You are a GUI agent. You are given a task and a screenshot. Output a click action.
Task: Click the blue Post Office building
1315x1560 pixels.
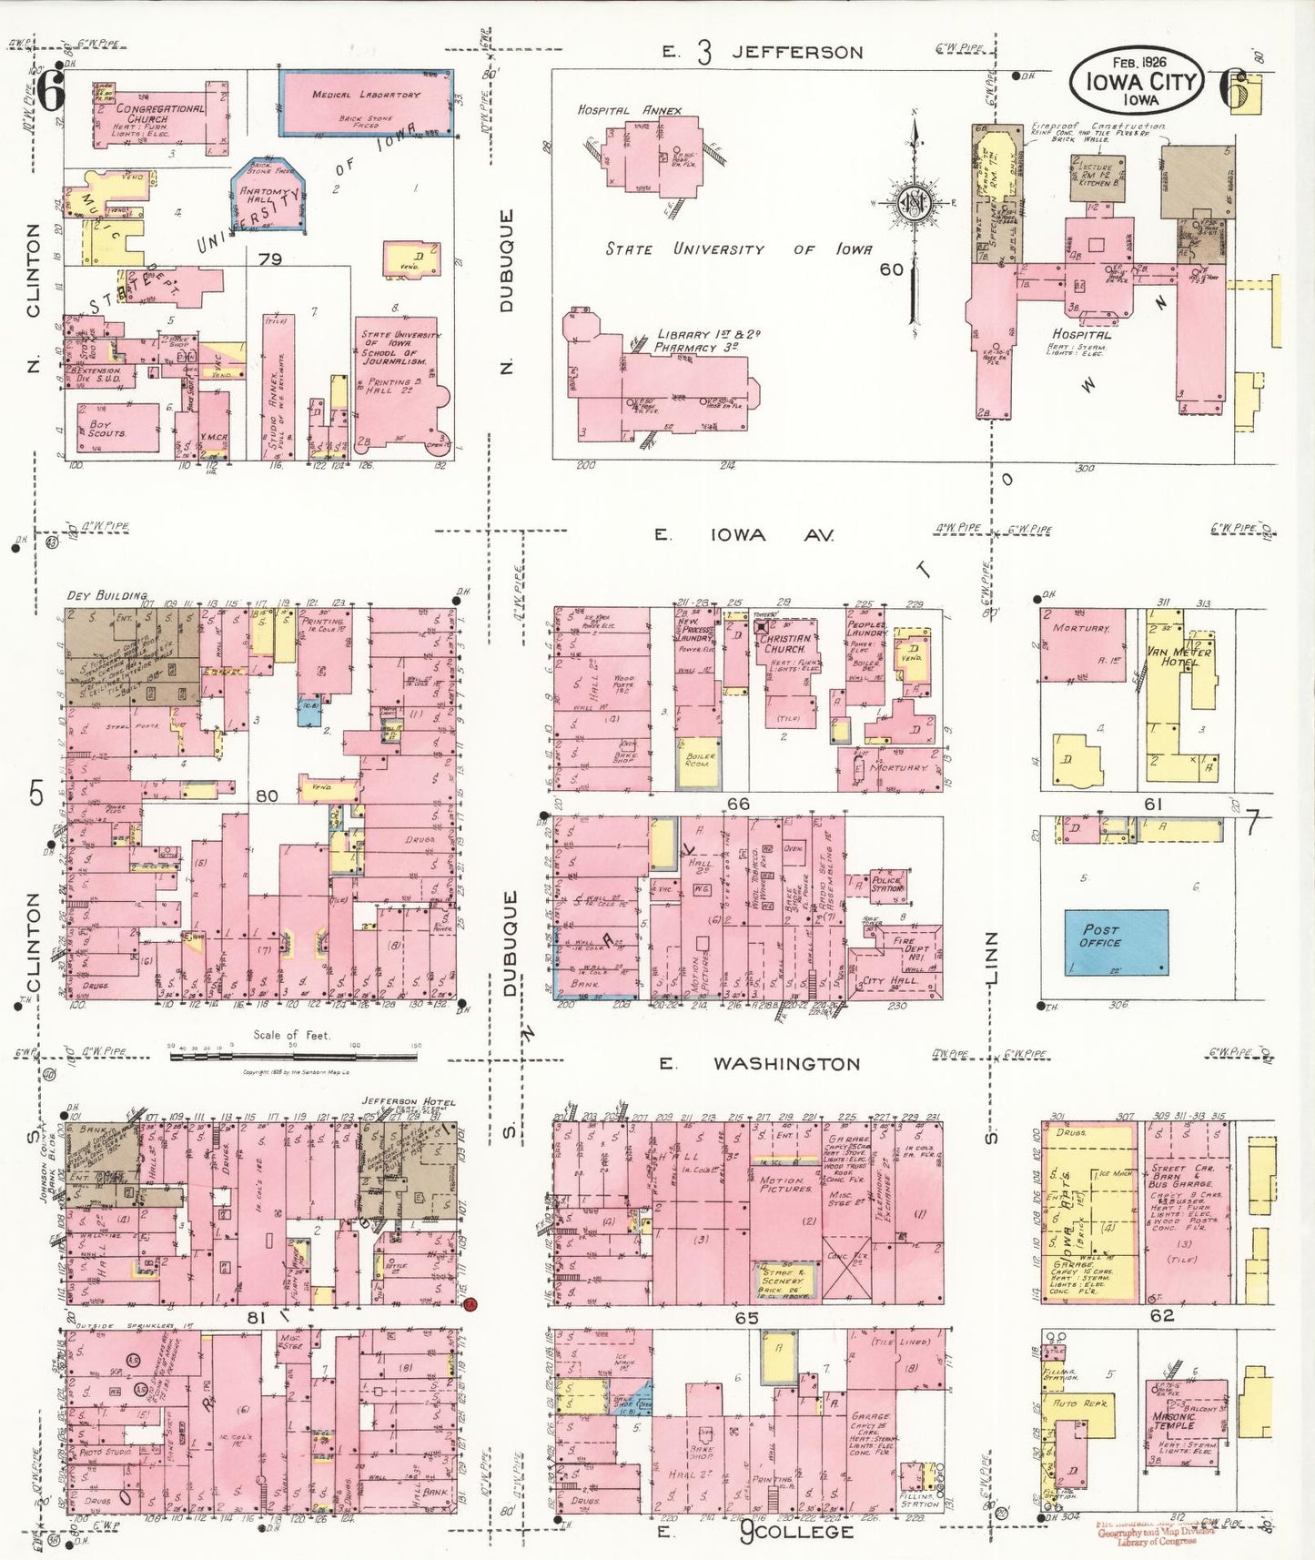(x=1117, y=942)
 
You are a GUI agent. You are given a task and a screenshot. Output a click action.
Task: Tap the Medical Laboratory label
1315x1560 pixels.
(x=366, y=95)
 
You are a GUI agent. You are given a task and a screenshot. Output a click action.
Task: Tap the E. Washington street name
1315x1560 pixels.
(x=785, y=1063)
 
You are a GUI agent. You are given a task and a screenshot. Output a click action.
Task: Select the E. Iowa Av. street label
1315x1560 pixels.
(x=743, y=535)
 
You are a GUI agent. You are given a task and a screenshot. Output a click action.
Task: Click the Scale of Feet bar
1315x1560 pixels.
(x=293, y=1056)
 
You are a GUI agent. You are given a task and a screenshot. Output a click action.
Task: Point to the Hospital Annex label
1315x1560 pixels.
(x=629, y=110)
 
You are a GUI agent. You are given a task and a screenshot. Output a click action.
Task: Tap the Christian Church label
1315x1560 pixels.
(x=785, y=643)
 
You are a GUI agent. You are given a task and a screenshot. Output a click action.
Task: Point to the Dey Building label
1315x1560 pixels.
(x=106, y=596)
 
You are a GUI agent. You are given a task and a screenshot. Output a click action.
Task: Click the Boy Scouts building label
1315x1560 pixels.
(x=107, y=428)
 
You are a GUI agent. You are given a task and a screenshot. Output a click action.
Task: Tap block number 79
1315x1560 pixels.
(x=269, y=259)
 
